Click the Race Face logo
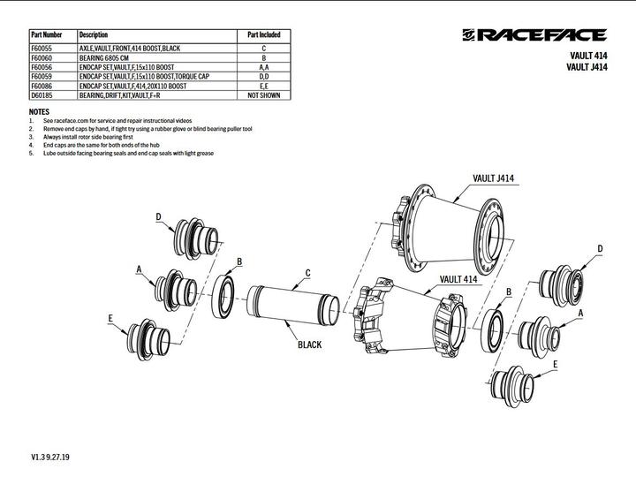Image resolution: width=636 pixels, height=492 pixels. (x=534, y=35)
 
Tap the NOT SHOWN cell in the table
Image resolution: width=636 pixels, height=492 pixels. (x=263, y=95)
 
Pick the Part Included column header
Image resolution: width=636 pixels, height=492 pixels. (x=263, y=34)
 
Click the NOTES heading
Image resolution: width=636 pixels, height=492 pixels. (x=39, y=112)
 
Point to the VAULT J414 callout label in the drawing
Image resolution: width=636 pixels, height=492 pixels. (x=493, y=178)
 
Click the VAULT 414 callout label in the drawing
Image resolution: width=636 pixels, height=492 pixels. (x=458, y=279)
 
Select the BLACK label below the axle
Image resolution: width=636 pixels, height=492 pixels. (x=309, y=345)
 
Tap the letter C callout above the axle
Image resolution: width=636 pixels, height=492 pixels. (x=307, y=272)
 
